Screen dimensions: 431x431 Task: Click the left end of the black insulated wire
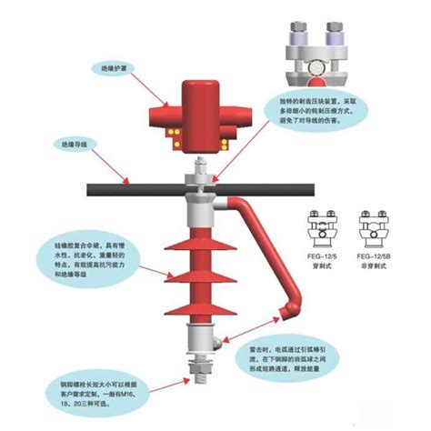point(86,191)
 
